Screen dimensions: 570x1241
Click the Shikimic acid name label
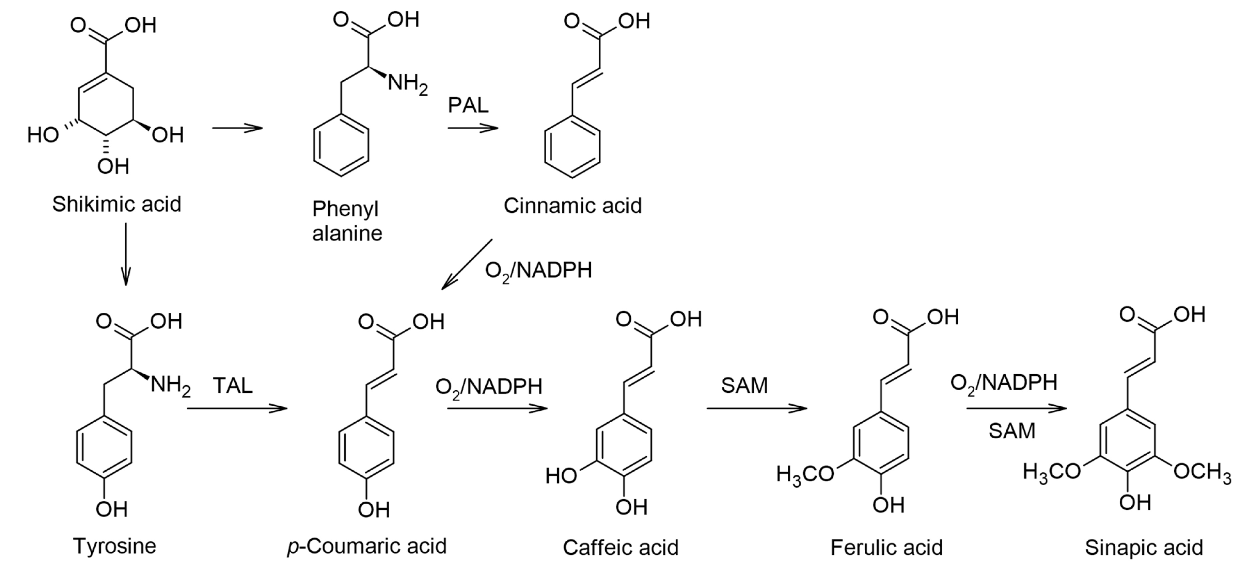[116, 204]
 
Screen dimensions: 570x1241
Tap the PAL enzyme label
[468, 105]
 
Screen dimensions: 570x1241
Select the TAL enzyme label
[232, 386]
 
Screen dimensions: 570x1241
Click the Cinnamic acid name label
[572, 206]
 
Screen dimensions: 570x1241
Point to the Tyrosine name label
[115, 546]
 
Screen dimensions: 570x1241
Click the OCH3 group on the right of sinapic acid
[1202, 472]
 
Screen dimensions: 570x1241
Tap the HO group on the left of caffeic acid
[561, 476]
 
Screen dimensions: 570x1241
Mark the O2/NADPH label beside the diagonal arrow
[538, 271]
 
